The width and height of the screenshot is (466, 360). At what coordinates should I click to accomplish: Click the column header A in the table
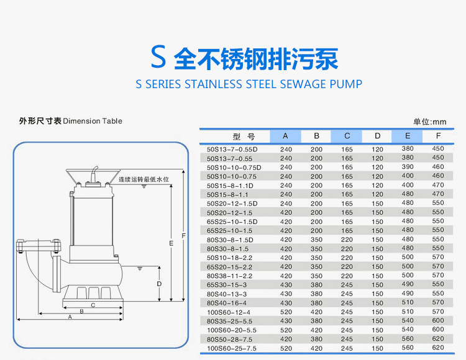[286, 136]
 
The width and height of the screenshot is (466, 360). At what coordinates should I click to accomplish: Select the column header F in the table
[438, 136]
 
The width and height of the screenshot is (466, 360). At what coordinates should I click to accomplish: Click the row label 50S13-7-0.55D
[232, 149]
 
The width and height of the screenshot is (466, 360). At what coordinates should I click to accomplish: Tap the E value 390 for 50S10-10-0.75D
[408, 167]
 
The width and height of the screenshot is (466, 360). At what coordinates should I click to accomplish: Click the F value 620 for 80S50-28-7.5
[438, 340]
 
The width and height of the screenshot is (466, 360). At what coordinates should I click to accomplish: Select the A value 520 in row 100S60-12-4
[286, 312]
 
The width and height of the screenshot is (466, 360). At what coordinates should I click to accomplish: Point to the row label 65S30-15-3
[227, 285]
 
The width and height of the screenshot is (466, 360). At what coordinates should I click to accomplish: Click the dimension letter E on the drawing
[170, 244]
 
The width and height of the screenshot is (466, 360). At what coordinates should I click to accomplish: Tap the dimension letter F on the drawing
[183, 236]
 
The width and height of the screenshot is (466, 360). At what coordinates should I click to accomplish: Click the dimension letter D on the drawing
[159, 284]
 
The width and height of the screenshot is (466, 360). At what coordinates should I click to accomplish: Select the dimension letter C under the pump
[93, 305]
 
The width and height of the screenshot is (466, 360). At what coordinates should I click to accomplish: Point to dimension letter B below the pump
[81, 310]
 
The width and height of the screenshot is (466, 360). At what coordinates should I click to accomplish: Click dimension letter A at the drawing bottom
[70, 317]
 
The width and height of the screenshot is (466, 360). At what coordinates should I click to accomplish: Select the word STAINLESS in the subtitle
[213, 84]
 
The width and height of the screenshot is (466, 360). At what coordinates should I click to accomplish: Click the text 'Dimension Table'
[93, 121]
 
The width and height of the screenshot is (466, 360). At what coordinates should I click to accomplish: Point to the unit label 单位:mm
[430, 122]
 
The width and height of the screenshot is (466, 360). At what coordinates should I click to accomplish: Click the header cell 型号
[244, 136]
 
